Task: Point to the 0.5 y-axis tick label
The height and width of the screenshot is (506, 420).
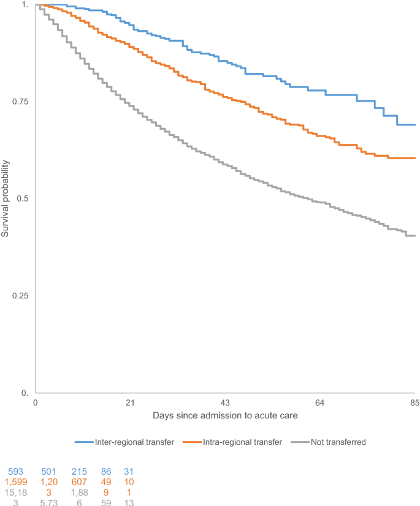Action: point(22,198)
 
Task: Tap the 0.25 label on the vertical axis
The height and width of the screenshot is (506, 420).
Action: point(20,296)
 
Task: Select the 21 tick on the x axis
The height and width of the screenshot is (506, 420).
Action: point(130,402)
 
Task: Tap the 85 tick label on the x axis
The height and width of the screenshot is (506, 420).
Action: point(415,402)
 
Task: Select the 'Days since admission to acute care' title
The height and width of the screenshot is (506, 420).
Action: point(225,416)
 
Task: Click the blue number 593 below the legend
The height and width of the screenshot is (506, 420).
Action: point(17,472)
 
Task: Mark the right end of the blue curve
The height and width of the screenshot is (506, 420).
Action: point(415,124)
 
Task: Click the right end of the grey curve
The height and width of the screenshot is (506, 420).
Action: point(415,236)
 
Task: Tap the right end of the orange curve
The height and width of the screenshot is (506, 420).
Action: point(415,158)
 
